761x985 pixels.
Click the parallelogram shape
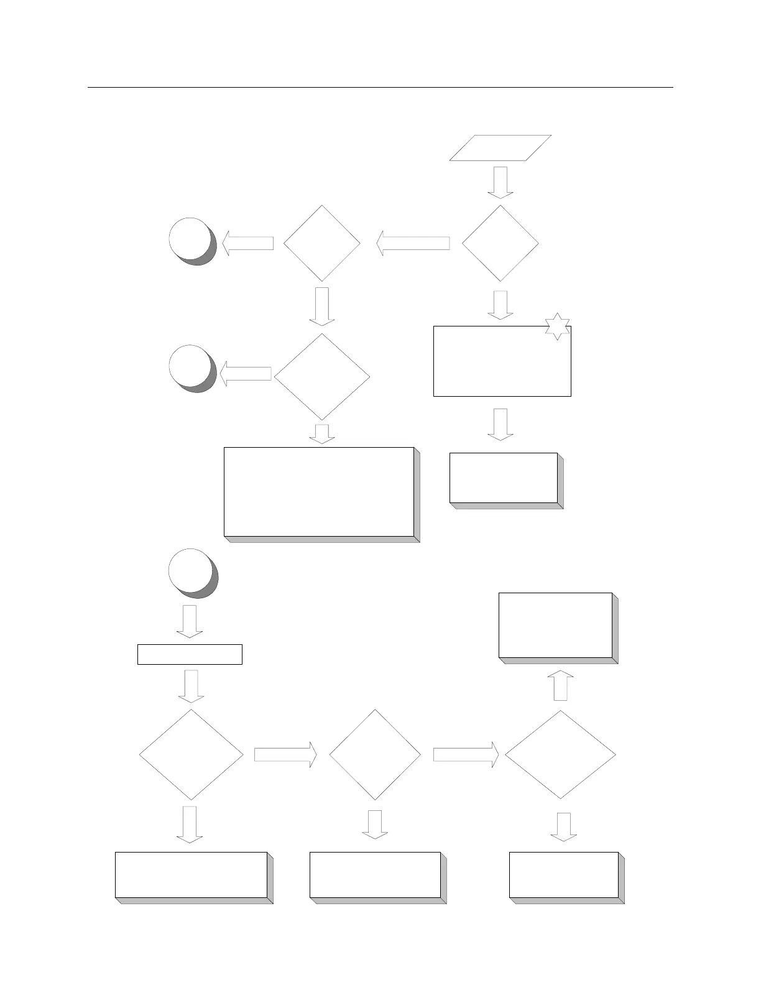click(x=500, y=148)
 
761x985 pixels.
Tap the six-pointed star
click(x=557, y=326)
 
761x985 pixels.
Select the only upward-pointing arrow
click(x=561, y=685)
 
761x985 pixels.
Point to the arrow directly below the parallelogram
click(x=500, y=182)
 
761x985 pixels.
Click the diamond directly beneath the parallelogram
click(x=500, y=243)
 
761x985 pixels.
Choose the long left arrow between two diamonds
click(x=413, y=243)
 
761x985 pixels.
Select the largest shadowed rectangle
click(x=319, y=491)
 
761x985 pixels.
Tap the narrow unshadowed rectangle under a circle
click(x=190, y=654)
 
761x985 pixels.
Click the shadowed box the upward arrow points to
click(x=556, y=625)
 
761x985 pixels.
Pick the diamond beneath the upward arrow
click(x=561, y=754)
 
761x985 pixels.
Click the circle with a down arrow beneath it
click(x=191, y=570)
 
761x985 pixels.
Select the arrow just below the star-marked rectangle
click(x=500, y=424)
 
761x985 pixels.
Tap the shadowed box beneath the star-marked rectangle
click(x=504, y=478)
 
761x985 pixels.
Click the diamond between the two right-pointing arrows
click(x=375, y=754)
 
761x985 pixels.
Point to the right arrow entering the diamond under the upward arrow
click(x=466, y=754)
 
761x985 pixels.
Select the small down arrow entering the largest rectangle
click(x=322, y=434)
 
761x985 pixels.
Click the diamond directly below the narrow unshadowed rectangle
click(x=191, y=754)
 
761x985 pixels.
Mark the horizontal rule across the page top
click(x=380, y=88)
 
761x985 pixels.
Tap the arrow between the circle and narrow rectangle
click(x=190, y=621)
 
